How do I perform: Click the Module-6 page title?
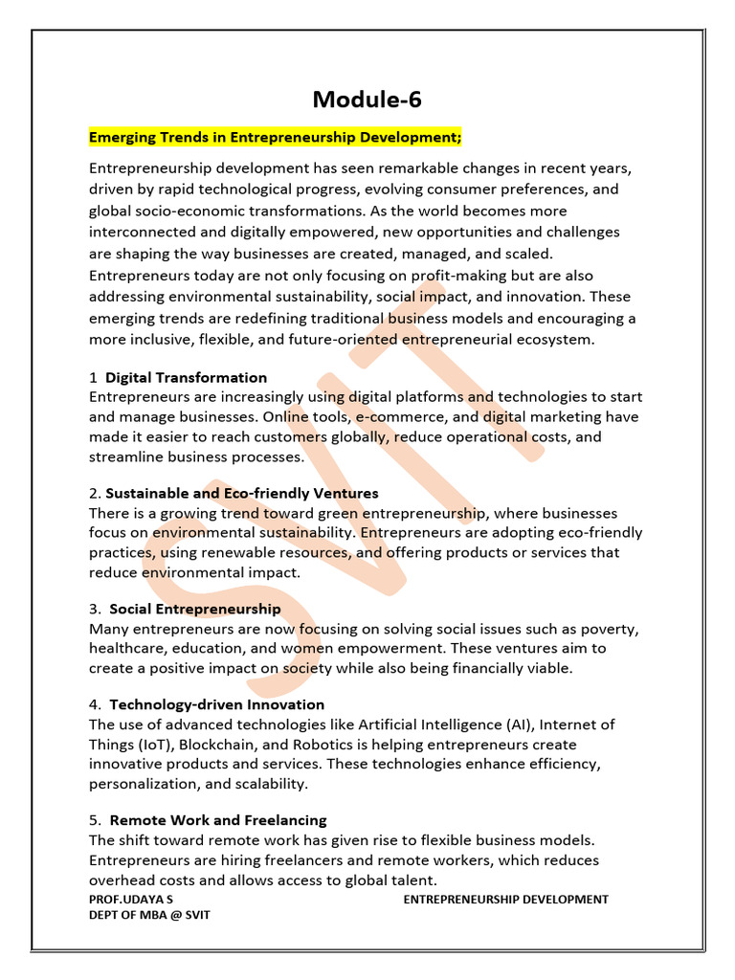pos(367,100)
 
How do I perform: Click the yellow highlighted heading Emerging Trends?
pos(276,138)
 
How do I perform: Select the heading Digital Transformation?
pos(187,377)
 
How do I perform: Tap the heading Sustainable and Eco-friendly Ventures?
pos(242,493)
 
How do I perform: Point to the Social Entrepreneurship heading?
pos(195,609)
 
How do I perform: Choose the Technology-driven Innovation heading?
pos(217,704)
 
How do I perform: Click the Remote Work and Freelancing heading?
pos(218,820)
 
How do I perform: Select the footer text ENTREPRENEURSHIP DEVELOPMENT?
pos(505,900)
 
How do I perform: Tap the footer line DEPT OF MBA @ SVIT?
pos(149,915)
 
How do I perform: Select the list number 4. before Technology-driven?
pos(95,704)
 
